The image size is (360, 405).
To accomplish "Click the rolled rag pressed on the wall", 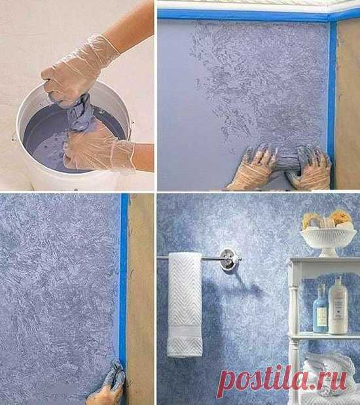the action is pyautogui.click(x=289, y=164).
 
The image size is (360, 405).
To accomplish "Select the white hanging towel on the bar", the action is pyautogui.click(x=185, y=305).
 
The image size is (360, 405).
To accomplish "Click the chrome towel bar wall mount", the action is pyautogui.click(x=228, y=260).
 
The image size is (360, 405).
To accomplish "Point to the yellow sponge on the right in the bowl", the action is pyautogui.click(x=341, y=218).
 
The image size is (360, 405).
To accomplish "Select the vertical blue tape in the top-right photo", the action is pyautogui.click(x=333, y=104).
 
